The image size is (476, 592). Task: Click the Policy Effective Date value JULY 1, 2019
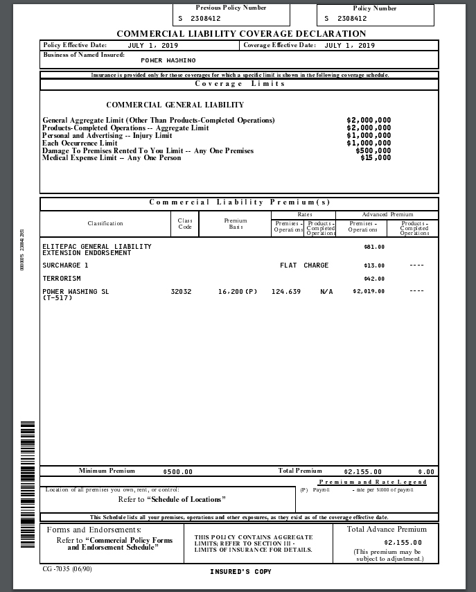153,46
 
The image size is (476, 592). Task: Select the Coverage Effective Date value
349,46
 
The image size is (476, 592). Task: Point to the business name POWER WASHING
168,61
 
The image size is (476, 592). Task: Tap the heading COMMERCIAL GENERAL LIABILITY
175,105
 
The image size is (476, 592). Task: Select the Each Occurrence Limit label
80,143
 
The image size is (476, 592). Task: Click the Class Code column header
185,223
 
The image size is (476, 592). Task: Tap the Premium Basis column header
236,223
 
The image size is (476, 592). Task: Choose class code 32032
181,292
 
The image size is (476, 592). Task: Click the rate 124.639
286,292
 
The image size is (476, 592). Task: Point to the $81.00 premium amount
374,247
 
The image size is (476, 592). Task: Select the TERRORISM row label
62,279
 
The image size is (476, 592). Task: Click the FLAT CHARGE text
304,265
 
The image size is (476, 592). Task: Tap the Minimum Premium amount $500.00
177,472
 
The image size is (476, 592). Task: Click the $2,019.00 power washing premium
369,292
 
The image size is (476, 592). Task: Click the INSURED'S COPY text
240,572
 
